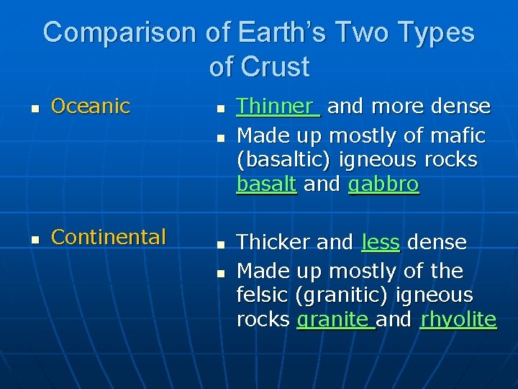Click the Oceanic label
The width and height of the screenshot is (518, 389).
[91, 107]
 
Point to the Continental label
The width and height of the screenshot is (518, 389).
[109, 237]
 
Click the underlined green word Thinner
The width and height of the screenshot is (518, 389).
[276, 107]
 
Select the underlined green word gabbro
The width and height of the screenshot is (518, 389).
[383, 185]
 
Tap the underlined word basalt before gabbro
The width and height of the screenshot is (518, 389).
[266, 184]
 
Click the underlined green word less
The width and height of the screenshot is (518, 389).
[380, 243]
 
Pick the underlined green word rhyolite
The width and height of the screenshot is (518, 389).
[458, 319]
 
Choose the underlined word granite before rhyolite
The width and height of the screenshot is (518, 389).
[335, 319]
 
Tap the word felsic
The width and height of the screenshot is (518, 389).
[260, 295]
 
